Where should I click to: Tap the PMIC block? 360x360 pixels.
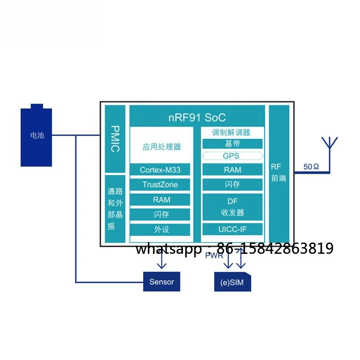click(115, 139)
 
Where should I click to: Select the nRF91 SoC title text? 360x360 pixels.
click(197, 117)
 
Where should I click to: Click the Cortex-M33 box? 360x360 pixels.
click(160, 170)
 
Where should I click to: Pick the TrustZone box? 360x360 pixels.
click(160, 184)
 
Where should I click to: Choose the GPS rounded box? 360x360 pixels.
click(232, 156)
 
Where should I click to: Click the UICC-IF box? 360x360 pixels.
click(232, 229)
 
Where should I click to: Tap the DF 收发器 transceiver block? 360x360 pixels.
click(232, 207)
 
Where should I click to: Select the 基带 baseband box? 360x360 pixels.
click(232, 144)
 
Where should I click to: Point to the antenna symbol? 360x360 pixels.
click(330, 154)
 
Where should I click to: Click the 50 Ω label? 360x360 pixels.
click(311, 166)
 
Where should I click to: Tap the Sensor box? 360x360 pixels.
click(162, 282)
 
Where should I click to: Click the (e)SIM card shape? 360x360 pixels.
click(232, 282)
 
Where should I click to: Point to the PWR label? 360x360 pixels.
click(214, 255)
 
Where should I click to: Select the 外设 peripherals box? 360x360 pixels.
click(160, 229)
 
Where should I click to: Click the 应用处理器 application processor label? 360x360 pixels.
click(162, 147)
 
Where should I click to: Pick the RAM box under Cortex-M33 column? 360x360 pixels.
click(160, 199)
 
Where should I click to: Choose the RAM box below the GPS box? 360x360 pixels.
click(232, 170)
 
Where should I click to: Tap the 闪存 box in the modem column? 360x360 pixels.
click(232, 184)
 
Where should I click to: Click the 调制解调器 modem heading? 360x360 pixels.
click(231, 132)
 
